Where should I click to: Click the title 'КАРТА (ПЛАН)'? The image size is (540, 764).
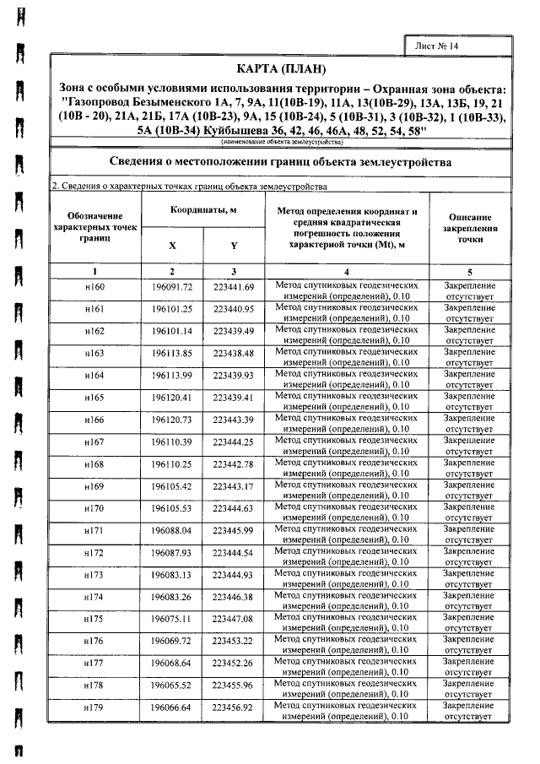(281, 68)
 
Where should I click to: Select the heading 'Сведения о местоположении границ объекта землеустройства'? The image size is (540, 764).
(281, 161)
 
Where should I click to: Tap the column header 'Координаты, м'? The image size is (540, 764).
(202, 209)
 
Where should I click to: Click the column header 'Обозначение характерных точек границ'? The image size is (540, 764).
(94, 228)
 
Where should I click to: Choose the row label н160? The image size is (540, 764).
(94, 288)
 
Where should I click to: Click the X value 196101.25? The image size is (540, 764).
(173, 310)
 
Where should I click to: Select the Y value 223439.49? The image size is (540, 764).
(234, 332)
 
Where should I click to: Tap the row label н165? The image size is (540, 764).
(94, 398)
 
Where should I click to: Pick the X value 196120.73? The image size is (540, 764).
(173, 420)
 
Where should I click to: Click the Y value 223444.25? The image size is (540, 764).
(234, 442)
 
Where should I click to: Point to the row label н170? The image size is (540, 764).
(94, 507)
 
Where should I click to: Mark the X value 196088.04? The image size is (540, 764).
(173, 529)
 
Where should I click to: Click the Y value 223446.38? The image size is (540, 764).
(234, 596)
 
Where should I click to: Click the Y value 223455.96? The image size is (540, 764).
(234, 685)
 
